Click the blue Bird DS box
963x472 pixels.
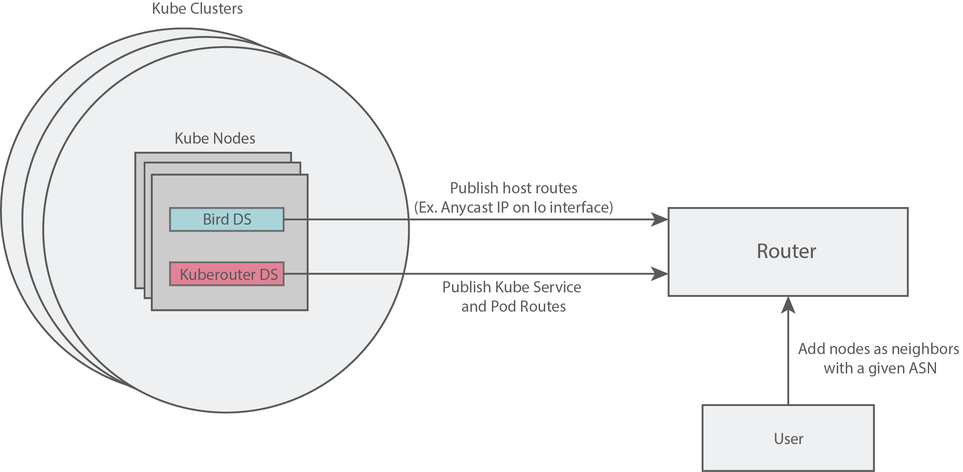tap(226, 219)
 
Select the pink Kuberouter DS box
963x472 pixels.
tap(226, 274)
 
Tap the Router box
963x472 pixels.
tap(788, 252)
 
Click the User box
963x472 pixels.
tap(788, 438)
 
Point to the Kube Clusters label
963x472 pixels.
tap(197, 9)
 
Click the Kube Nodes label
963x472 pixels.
tap(215, 138)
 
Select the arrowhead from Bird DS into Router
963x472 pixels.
tap(660, 219)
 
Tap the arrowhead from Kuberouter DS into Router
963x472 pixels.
tap(660, 274)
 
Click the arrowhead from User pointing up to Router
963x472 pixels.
tap(788, 305)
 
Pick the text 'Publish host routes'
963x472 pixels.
tap(513, 188)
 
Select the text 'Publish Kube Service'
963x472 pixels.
tap(512, 287)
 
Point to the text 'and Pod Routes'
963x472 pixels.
tap(513, 307)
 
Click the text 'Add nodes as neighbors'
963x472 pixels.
tap(878, 349)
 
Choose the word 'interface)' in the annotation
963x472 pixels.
tap(581, 207)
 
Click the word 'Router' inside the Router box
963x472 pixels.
tap(786, 251)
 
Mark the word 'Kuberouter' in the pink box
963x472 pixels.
tap(218, 274)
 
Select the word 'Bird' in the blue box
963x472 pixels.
tap(216, 219)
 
